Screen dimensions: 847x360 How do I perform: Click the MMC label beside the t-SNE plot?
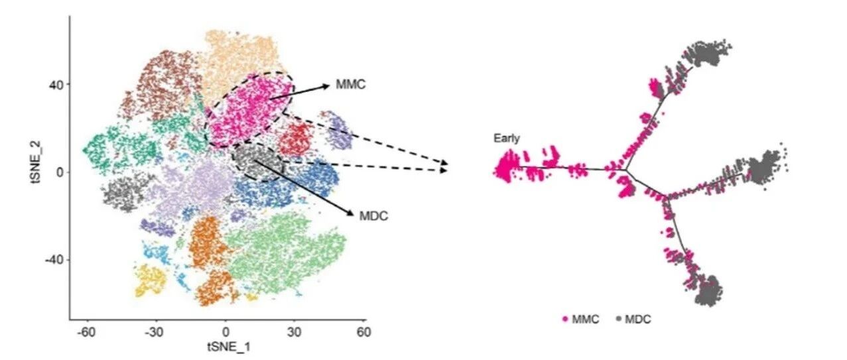point(351,84)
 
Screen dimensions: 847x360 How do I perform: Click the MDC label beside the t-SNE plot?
point(373,216)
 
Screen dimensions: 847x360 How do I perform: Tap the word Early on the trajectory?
point(507,139)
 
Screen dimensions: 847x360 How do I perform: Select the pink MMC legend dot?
point(566,319)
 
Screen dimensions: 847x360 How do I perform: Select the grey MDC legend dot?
point(619,319)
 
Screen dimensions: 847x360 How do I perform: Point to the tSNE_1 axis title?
point(229,347)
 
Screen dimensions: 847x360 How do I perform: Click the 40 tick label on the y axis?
point(56,84)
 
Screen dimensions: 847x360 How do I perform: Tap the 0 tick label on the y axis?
point(60,172)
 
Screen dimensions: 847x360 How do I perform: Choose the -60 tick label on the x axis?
point(86,332)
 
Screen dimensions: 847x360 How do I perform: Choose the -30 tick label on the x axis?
point(155,332)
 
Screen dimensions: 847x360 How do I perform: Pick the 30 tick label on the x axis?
point(294,332)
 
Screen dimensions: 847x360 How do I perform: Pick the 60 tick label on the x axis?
point(363,332)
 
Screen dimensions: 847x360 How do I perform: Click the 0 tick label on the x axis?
point(226,332)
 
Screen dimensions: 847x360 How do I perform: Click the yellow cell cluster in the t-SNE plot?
point(150,280)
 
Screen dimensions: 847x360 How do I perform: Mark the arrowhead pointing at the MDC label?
point(350,213)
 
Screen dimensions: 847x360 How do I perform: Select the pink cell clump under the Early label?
point(505,166)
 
